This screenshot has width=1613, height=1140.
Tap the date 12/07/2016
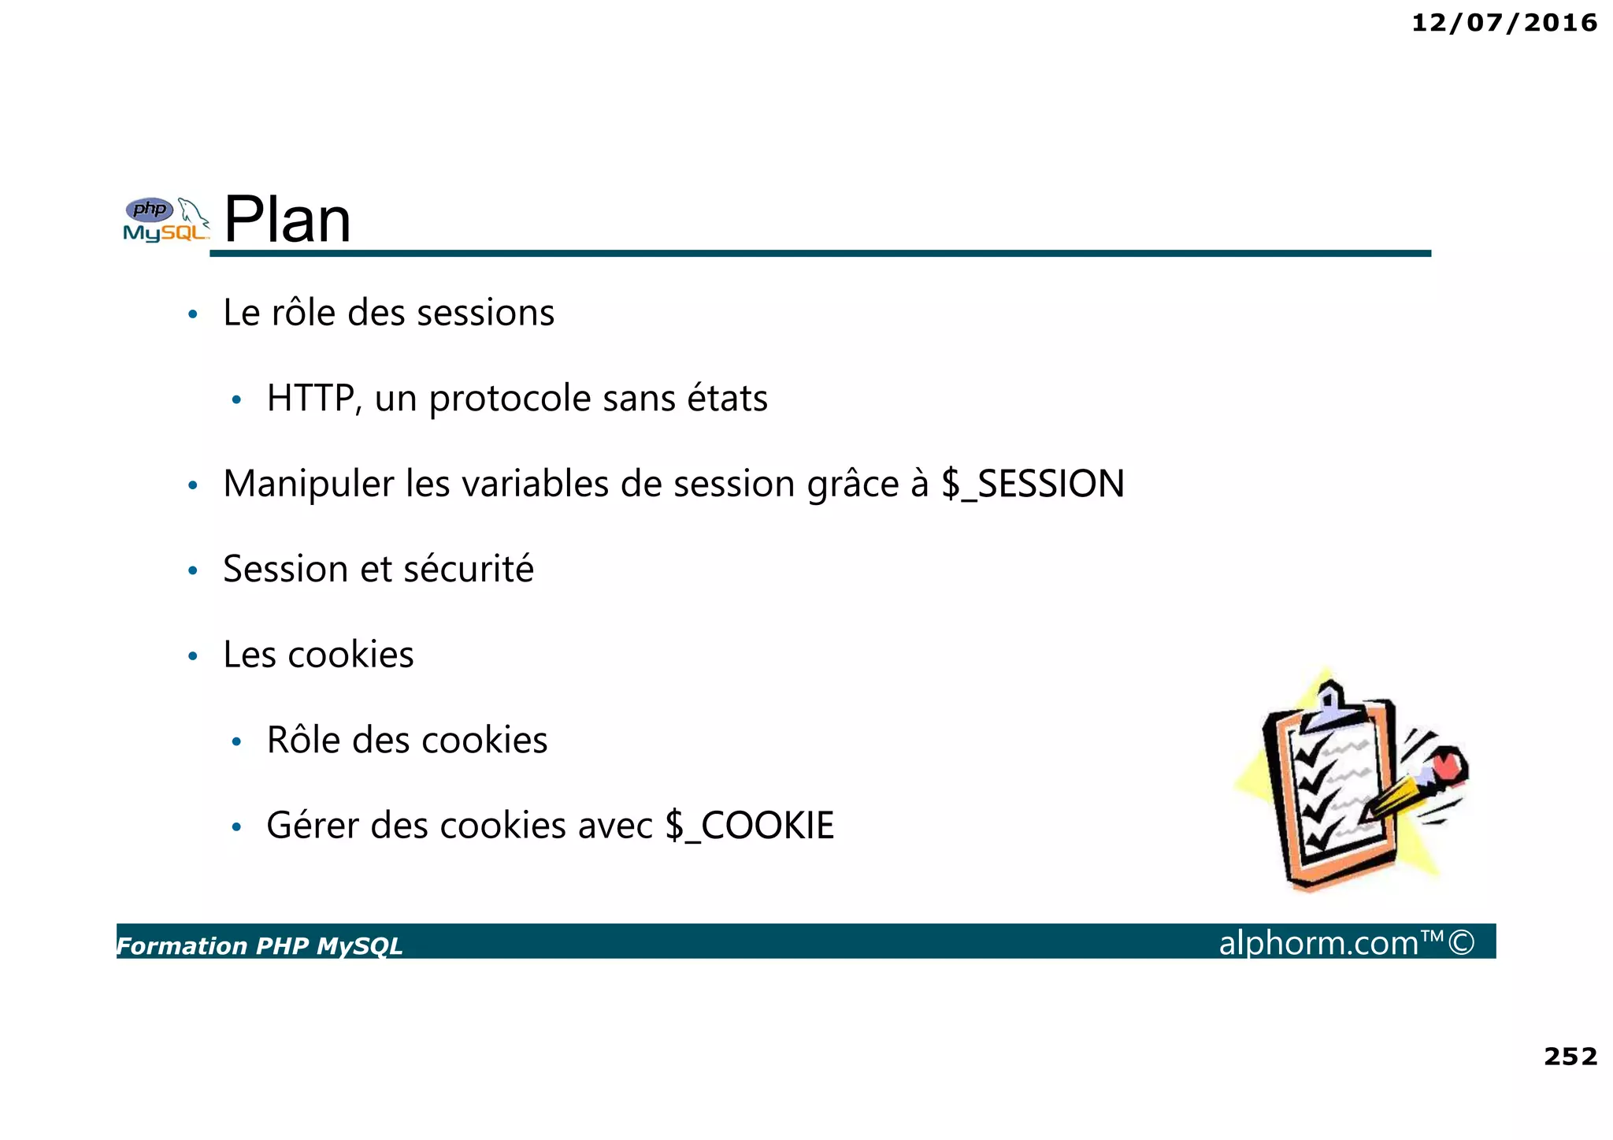[1504, 23]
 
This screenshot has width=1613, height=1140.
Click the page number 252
[1570, 1056]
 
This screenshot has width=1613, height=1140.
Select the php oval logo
[150, 210]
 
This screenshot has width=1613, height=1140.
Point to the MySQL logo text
[165, 233]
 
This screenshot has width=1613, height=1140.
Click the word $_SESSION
[1033, 484]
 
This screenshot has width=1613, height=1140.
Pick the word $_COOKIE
[749, 826]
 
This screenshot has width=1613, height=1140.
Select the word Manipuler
[308, 484]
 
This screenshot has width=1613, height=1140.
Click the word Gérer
[312, 826]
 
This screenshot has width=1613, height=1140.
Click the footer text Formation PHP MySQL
[259, 945]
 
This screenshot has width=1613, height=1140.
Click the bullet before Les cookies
[193, 656]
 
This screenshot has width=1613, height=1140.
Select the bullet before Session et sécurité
[193, 570]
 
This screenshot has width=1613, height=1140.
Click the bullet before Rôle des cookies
[236, 742]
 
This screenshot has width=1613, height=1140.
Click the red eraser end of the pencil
[1448, 764]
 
